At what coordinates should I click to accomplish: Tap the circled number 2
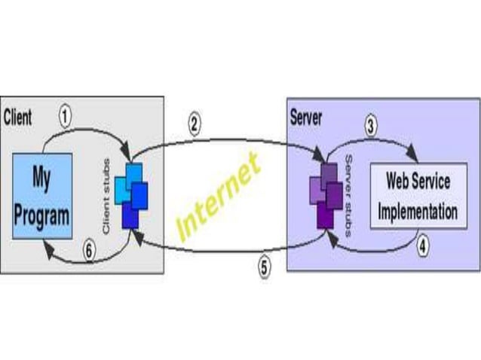pos(195,124)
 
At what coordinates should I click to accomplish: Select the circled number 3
pos(371,126)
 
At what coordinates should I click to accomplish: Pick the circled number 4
pos(423,246)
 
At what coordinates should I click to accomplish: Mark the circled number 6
pos(89,252)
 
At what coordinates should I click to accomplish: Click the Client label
pos(18,117)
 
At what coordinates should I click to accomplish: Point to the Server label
pos(306,117)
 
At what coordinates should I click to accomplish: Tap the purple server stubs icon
pos(326,195)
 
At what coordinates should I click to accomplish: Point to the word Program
pos(42,215)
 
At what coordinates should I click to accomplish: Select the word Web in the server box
pos(399,181)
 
